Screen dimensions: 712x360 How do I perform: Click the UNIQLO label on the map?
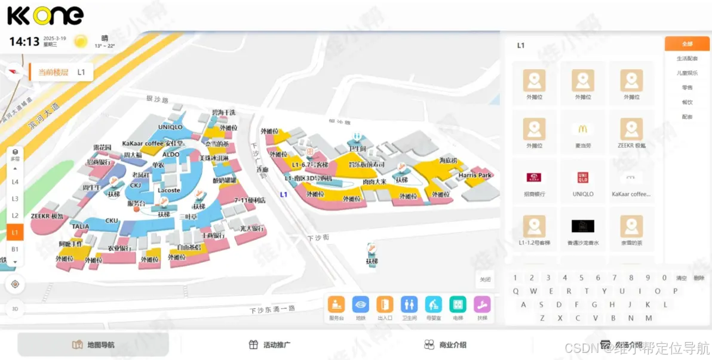(x=170, y=127)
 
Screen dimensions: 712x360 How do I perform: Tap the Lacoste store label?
(x=169, y=190)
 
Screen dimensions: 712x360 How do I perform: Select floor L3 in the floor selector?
(x=15, y=198)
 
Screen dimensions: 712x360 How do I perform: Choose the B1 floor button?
(x=15, y=248)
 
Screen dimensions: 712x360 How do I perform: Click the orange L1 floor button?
(x=15, y=232)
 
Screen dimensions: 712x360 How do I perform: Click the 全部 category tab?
(x=688, y=44)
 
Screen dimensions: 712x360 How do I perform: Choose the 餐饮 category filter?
(x=688, y=102)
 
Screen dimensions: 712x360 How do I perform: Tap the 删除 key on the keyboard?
(x=699, y=278)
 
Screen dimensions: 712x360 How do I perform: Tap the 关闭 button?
(x=485, y=279)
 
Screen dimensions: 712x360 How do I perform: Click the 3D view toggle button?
(x=15, y=309)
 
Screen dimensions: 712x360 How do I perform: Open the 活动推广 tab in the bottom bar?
(x=271, y=344)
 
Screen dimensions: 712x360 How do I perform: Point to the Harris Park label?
(x=475, y=176)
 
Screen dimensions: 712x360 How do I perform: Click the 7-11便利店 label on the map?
(x=250, y=200)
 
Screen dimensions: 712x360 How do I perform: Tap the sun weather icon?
(x=81, y=41)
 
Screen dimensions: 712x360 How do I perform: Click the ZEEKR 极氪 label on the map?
(x=47, y=216)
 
